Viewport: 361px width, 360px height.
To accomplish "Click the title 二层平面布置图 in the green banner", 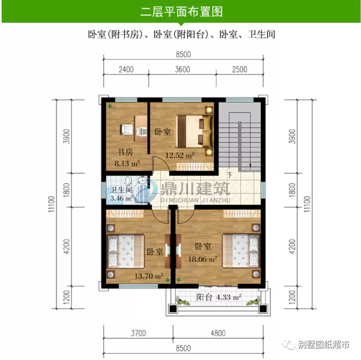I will pyautogui.click(x=181, y=12).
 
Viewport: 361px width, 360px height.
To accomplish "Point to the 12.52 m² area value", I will pyautogui.click(x=180, y=155).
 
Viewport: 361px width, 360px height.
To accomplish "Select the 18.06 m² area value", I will pyautogui.click(x=202, y=259).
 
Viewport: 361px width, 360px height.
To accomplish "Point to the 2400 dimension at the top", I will pyautogui.click(x=126, y=69).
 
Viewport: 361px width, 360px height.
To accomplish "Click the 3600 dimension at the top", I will pyautogui.click(x=182, y=69).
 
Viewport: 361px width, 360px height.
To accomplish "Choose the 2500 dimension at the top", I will pyautogui.click(x=239, y=69).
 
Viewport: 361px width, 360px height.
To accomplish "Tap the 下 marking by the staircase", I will pyautogui.click(x=230, y=175).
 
